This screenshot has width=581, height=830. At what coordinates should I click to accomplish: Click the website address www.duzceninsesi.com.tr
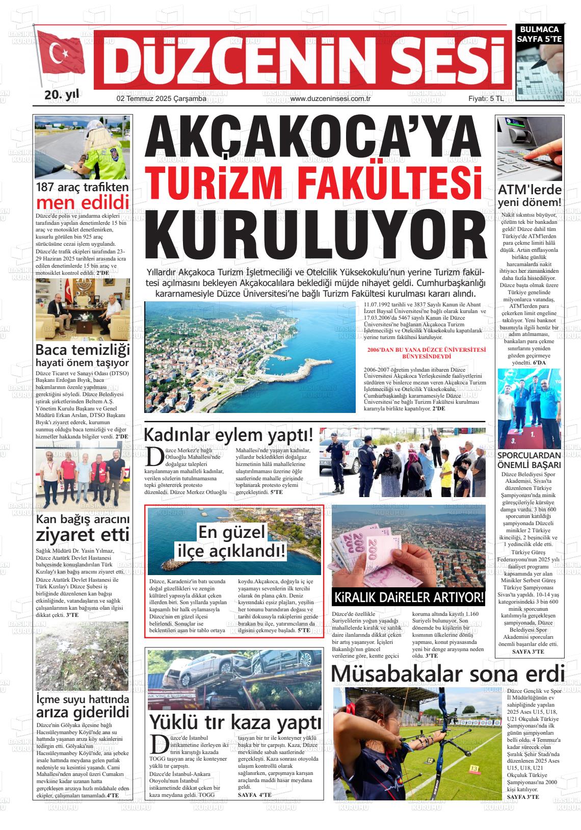point(329,98)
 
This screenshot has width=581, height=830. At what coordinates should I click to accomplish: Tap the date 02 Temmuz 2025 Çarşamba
point(161,98)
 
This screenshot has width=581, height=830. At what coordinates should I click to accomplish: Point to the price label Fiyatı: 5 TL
point(486,98)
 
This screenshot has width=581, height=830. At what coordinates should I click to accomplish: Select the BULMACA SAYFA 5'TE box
point(539,34)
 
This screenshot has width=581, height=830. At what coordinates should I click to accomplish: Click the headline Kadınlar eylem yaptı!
point(228,435)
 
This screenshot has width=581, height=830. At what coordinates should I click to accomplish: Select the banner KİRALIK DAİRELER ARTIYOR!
point(408,597)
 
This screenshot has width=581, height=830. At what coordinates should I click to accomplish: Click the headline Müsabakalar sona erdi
point(447,673)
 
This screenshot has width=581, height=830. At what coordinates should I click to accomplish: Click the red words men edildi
point(82,202)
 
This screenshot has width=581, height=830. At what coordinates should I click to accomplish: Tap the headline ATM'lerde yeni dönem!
point(530,196)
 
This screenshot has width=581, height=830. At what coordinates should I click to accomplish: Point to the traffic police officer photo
point(82,147)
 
